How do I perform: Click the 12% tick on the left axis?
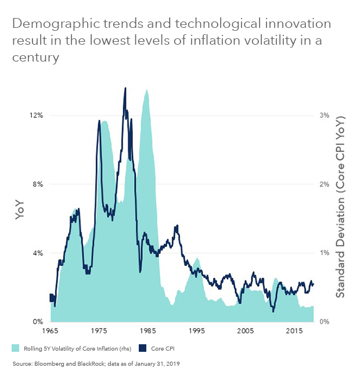click(36, 116)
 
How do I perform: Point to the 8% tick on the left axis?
click(38, 185)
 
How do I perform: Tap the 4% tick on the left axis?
click(38, 253)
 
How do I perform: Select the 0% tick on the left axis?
click(38, 322)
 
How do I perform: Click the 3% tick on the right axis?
click(323, 116)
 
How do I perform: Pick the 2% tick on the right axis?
click(323, 185)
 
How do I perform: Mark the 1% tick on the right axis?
click(323, 253)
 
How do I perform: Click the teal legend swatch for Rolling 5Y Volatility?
click(16, 348)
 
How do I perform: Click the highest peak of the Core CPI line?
click(125, 88)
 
